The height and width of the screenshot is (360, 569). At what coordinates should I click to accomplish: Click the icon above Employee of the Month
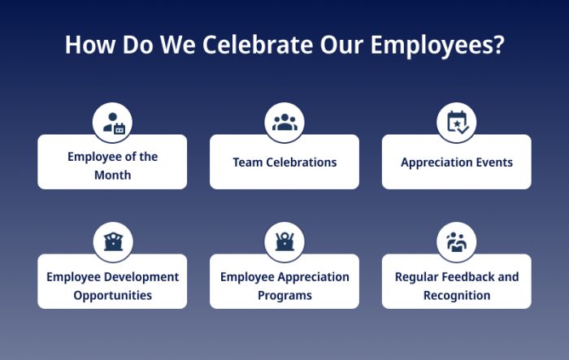tap(113, 123)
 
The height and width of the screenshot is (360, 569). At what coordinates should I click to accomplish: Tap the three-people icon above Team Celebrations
tap(284, 123)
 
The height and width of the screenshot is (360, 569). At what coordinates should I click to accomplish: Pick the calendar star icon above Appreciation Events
tap(457, 123)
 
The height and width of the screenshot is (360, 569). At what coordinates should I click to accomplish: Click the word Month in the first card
tap(113, 175)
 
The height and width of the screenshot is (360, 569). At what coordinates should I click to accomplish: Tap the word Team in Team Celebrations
tap(246, 162)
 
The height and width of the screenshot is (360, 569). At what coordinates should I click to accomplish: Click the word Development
tap(140, 276)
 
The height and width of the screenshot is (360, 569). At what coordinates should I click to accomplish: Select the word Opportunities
tap(113, 295)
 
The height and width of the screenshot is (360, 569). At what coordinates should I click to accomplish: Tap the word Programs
tap(284, 295)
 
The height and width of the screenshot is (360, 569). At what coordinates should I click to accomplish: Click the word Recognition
tap(457, 295)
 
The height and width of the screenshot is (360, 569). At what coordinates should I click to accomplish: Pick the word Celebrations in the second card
tap(300, 162)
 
